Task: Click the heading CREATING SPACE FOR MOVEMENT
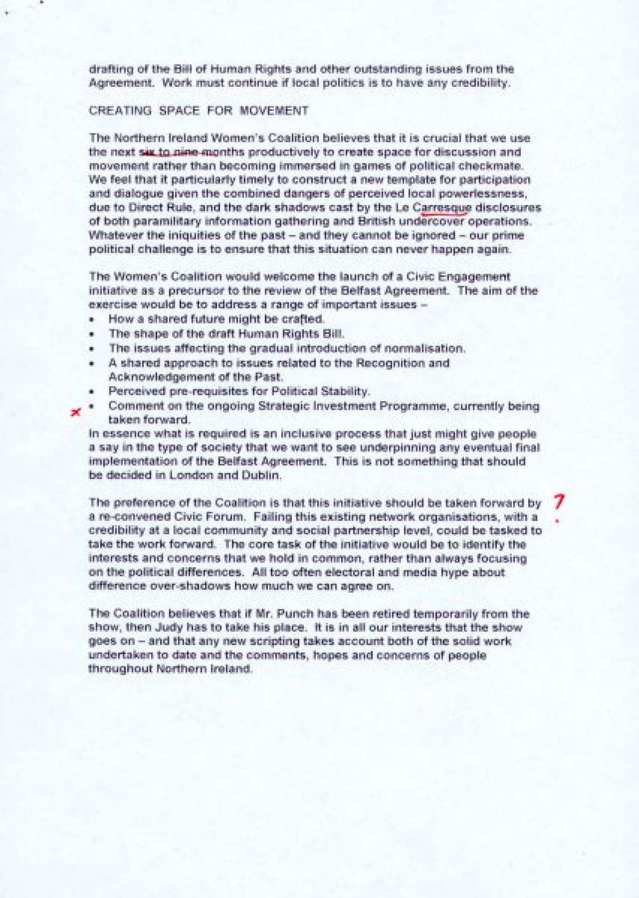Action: [198, 111]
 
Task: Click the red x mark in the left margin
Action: [78, 412]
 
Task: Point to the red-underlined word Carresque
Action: [442, 207]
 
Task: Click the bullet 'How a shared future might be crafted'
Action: [216, 320]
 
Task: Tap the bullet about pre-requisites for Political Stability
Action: [239, 391]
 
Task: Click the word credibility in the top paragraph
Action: [473, 83]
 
